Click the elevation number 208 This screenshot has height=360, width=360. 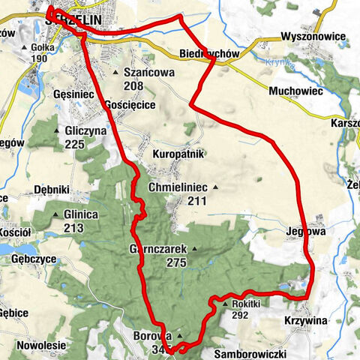click(134, 86)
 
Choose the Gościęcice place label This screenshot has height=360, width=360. click(130, 105)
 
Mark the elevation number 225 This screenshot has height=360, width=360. click(73, 144)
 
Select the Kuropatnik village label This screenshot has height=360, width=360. click(178, 154)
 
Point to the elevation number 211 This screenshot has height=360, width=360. click(197, 200)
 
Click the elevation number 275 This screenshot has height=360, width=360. click(176, 262)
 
